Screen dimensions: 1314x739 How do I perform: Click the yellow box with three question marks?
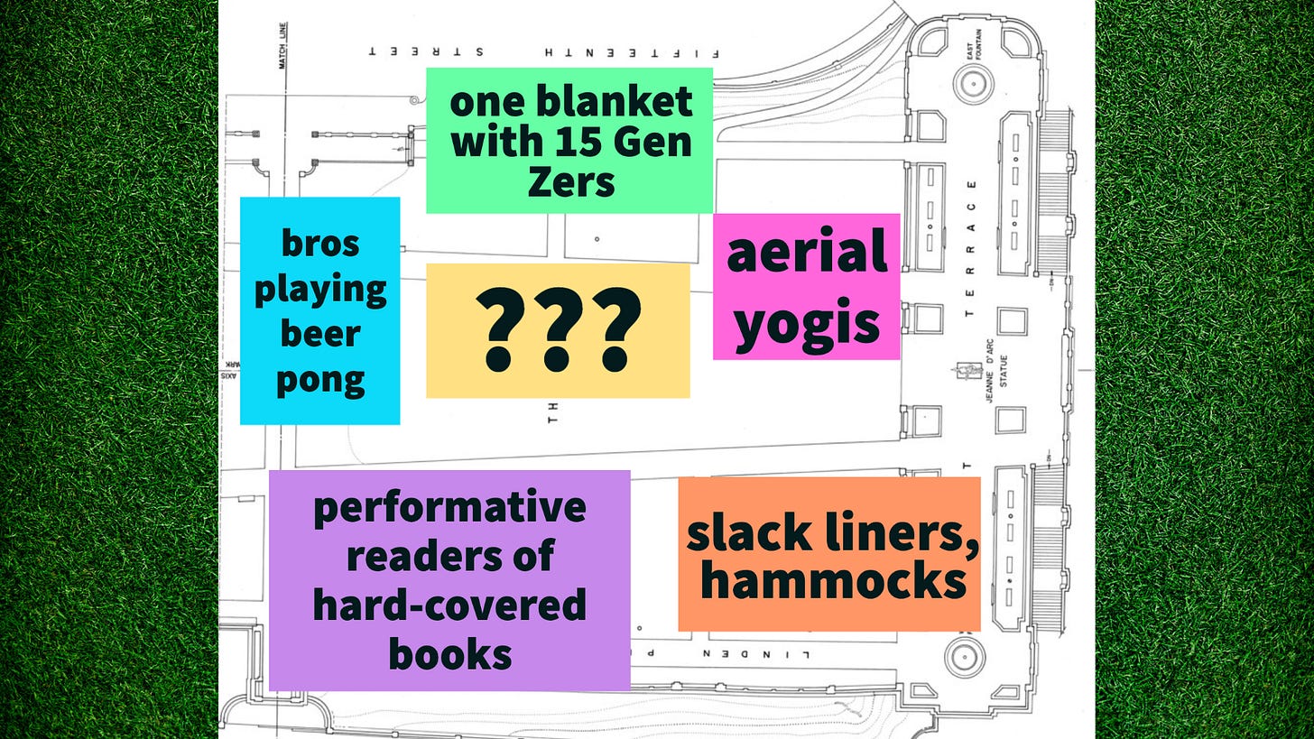[558, 330]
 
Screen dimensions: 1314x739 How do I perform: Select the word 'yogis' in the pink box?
[806, 322]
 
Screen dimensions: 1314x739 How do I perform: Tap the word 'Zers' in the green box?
[570, 182]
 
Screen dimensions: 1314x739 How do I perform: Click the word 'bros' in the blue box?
[320, 243]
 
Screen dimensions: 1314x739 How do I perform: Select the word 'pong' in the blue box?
[320, 379]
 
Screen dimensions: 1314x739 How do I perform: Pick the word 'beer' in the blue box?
[320, 334]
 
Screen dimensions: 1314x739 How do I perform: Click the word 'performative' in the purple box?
[449, 506]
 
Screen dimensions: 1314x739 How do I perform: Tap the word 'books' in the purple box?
[449, 653]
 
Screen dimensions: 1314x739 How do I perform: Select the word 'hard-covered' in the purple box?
[449, 605]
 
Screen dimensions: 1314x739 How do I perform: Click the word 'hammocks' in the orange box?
[833, 582]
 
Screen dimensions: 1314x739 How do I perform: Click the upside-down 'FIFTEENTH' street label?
[613, 51]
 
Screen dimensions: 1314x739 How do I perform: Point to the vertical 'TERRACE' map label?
[971, 249]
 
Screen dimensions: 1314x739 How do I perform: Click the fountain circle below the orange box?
[964, 656]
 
